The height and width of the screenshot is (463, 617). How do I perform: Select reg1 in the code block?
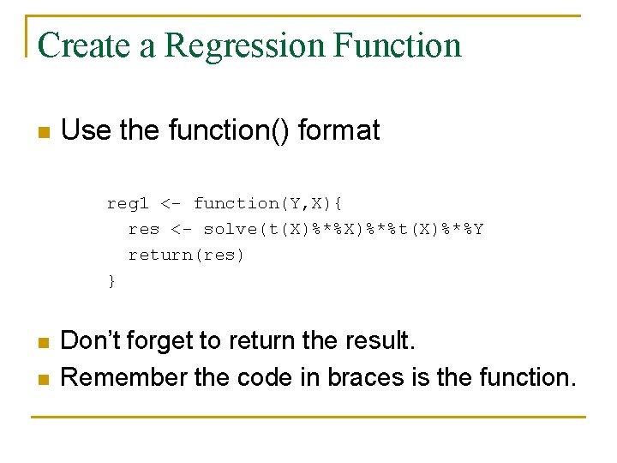pos(128,203)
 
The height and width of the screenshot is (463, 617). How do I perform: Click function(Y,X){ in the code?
pos(268,203)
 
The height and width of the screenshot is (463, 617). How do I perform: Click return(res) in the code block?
pos(186,255)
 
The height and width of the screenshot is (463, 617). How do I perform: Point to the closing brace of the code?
pos(111,280)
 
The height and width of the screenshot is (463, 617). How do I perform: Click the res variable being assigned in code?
pos(144,229)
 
